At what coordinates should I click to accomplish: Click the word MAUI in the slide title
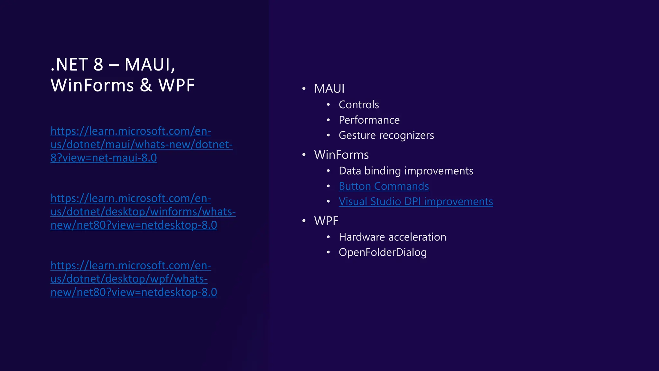pyautogui.click(x=149, y=64)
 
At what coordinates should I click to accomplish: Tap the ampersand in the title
pyautogui.click(x=146, y=85)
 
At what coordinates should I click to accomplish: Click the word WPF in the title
pyautogui.click(x=176, y=85)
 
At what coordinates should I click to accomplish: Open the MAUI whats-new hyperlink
pyautogui.click(x=141, y=145)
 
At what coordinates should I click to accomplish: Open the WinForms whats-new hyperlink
pyautogui.click(x=143, y=212)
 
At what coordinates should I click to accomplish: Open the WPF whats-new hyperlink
pyautogui.click(x=134, y=279)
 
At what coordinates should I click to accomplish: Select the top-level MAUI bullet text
pyautogui.click(x=329, y=89)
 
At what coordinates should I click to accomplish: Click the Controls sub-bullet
pyautogui.click(x=359, y=105)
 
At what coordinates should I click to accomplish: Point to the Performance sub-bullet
pyautogui.click(x=369, y=120)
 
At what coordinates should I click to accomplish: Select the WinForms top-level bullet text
pyautogui.click(x=341, y=155)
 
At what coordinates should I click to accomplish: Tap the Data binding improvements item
pyautogui.click(x=406, y=171)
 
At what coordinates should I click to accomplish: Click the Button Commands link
pyautogui.click(x=384, y=186)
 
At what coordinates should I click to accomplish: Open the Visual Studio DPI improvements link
pyautogui.click(x=416, y=202)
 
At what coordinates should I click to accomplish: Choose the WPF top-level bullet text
pyautogui.click(x=326, y=221)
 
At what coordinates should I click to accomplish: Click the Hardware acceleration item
pyautogui.click(x=392, y=237)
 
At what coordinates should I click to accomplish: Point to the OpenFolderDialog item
pyautogui.click(x=383, y=252)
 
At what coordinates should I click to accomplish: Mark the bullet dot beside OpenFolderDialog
pyautogui.click(x=328, y=252)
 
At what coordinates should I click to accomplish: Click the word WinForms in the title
pyautogui.click(x=92, y=85)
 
